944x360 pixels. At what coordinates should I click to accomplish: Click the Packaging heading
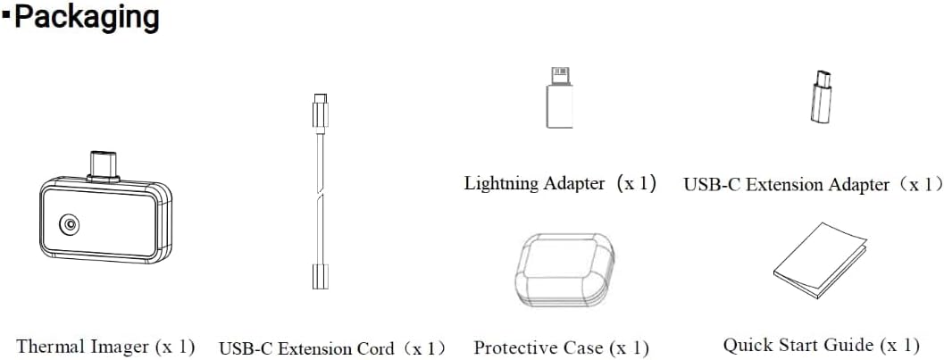point(87,18)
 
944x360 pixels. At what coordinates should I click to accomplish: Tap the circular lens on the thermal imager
point(71,224)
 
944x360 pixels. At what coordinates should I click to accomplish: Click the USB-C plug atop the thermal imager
point(103,165)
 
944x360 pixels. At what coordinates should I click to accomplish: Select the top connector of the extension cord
point(321,113)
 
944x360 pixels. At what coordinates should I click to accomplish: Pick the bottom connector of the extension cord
point(321,276)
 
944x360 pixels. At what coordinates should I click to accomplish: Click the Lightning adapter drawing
point(559,97)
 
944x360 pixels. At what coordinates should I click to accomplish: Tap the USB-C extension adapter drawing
point(820,96)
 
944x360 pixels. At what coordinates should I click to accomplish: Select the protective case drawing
point(564,270)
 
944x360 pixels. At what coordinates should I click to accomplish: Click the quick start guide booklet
point(820,260)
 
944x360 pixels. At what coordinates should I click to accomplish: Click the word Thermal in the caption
point(51,347)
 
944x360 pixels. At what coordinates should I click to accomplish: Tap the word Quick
point(747,346)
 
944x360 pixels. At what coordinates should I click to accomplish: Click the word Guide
point(852,346)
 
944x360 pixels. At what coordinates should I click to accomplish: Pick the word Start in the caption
point(798,346)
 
